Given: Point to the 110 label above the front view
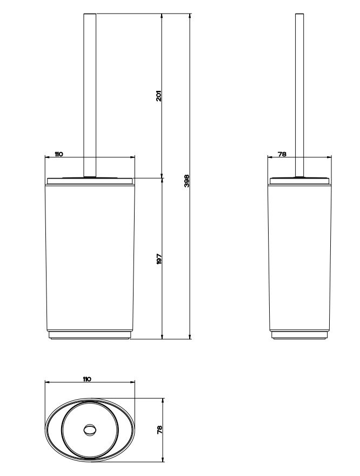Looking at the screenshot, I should (x=58, y=154).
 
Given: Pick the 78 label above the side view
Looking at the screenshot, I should (x=282, y=154).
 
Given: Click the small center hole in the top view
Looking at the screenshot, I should (x=89, y=431).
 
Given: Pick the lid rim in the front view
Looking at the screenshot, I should (x=90, y=178).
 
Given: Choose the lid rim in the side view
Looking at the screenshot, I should (x=299, y=178).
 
